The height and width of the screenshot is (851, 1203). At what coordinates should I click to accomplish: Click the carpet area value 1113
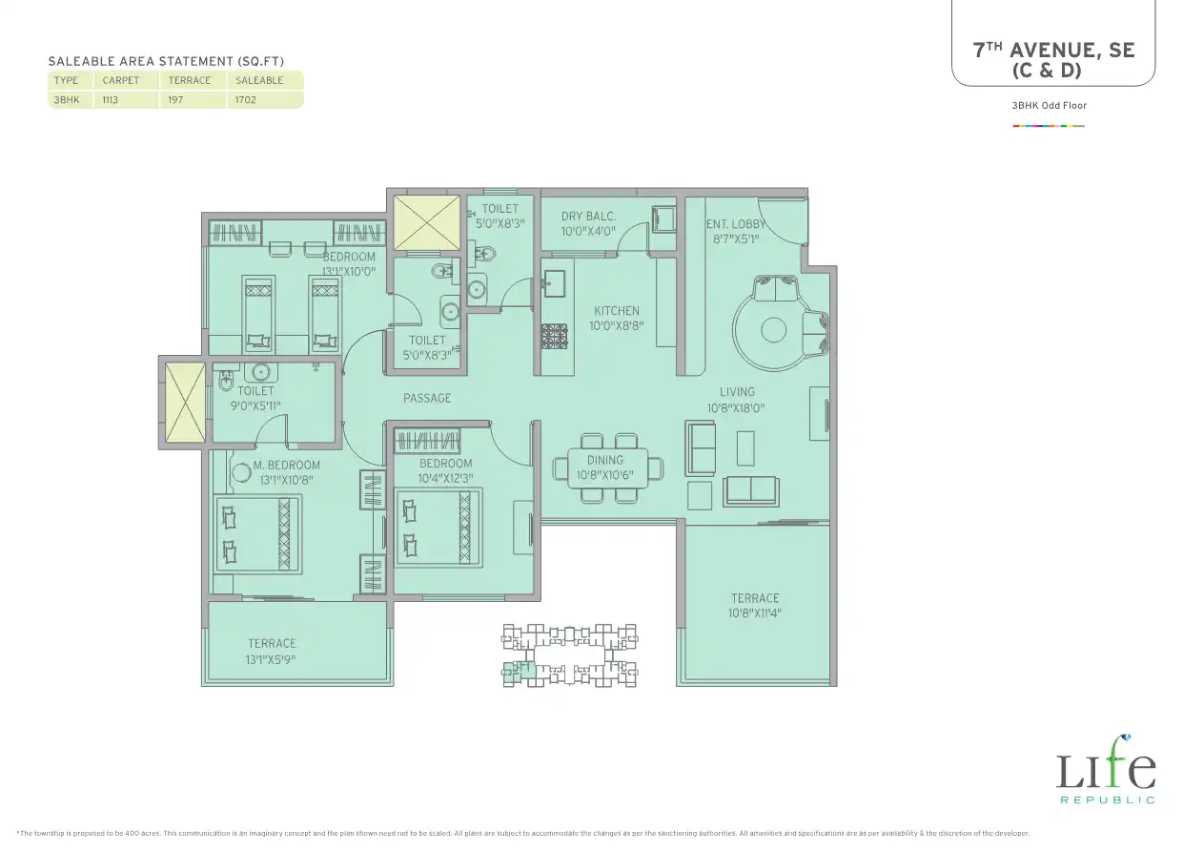(110, 100)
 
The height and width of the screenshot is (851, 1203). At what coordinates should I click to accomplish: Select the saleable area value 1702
(245, 100)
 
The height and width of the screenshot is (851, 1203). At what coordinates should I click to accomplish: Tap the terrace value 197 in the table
(175, 100)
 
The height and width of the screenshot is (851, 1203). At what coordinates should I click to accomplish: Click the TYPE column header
(66, 81)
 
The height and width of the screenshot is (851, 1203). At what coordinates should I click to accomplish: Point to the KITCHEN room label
(617, 311)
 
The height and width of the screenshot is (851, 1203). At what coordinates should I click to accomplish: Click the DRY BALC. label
(588, 217)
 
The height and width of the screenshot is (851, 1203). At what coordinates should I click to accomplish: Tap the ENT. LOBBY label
(736, 224)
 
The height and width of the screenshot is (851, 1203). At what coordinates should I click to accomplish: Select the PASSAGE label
(427, 399)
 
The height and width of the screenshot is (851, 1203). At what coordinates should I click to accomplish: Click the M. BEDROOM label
(286, 465)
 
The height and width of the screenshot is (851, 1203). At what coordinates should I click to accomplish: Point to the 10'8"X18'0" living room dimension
(736, 408)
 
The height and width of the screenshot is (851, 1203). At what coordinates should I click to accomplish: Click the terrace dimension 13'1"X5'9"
(271, 659)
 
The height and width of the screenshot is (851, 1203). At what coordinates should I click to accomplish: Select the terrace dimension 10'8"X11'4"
(755, 612)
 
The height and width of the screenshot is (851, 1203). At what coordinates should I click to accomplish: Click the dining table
(608, 468)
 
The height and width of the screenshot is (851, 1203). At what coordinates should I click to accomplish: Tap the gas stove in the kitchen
(554, 337)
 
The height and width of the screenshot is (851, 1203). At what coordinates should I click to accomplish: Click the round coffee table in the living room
(773, 330)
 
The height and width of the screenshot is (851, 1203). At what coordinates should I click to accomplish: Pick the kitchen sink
(554, 283)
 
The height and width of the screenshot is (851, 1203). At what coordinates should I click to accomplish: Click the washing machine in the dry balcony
(663, 218)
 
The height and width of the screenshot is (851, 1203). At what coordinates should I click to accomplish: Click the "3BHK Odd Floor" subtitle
(1049, 106)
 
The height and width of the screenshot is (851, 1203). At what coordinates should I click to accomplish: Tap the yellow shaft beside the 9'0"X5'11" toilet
(185, 402)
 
